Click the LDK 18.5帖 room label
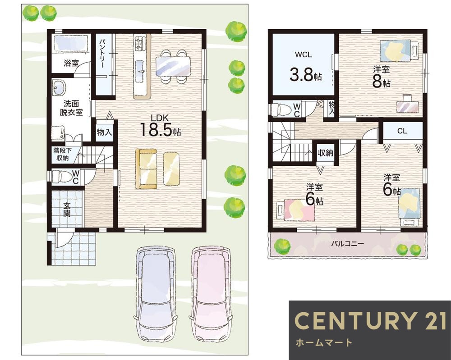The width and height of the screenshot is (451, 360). click(161, 125)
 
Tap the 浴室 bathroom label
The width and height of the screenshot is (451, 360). click(71, 63)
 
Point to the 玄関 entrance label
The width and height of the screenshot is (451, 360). click(67, 209)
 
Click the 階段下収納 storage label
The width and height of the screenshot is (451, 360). click(62, 154)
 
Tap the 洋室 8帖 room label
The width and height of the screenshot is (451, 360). click(382, 77)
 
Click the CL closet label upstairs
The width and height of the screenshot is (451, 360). click(402, 131)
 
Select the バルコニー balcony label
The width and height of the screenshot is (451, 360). click(347, 244)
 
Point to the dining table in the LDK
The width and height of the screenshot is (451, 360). click(173, 66)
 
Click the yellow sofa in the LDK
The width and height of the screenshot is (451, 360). click(146, 169)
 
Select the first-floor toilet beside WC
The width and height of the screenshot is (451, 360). click(61, 176)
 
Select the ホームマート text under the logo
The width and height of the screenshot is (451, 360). click(324, 342)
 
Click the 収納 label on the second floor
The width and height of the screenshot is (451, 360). click(326, 153)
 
